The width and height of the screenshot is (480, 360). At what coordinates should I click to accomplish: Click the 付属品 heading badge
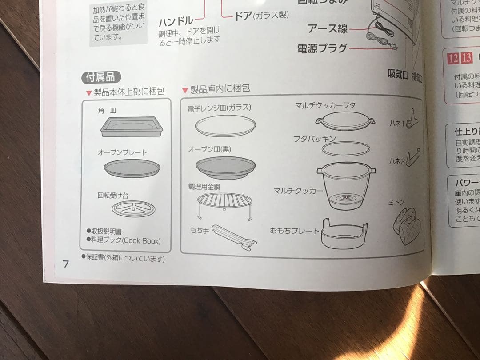pos(101,77)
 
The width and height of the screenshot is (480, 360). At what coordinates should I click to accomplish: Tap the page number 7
pos(66,264)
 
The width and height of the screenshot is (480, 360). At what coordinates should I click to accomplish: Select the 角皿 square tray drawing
pos(131,127)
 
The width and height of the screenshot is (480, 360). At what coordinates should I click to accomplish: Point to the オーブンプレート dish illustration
pos(132,168)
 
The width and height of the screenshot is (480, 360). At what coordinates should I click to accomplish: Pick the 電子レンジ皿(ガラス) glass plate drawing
pos(225,125)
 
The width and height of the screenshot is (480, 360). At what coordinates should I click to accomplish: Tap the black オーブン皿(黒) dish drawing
pos(225,167)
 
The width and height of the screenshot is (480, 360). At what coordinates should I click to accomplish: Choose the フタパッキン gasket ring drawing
pos(345,148)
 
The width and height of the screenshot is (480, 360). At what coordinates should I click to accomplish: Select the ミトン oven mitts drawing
pos(404,225)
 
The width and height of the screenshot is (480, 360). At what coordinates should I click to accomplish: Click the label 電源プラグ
pos(322,48)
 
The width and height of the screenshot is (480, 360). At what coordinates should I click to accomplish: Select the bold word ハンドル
pos(176,20)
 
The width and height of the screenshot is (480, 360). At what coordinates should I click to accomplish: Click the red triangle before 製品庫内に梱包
pos(185,91)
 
